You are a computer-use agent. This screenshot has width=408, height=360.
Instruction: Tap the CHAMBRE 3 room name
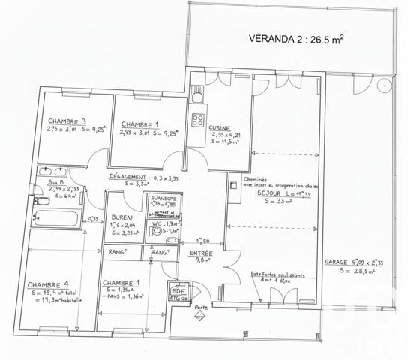click(67, 121)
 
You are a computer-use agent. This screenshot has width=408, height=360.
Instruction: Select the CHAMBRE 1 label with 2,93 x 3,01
click(141, 124)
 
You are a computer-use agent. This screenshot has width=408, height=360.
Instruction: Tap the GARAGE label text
click(337, 262)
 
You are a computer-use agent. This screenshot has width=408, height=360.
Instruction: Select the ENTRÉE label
click(202, 253)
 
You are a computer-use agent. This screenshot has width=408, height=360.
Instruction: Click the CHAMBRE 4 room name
click(48, 284)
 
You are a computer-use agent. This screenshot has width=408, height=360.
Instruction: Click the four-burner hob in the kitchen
click(199, 120)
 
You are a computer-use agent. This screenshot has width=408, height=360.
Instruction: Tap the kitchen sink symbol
click(196, 94)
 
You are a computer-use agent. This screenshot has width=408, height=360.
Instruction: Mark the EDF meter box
click(178, 292)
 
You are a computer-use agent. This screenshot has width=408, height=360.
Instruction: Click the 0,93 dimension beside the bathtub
click(93, 219)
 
